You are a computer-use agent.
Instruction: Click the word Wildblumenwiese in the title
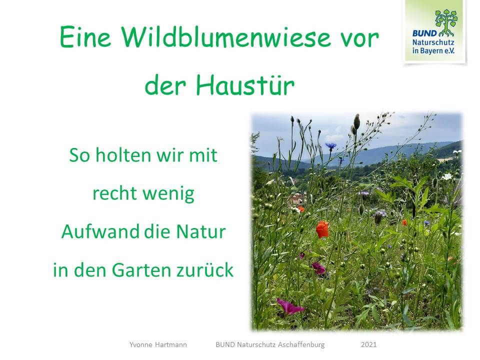(226, 36)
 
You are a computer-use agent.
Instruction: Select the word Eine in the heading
(85, 36)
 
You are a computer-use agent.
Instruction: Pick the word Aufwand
(100, 231)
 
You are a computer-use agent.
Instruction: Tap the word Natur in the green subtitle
(201, 231)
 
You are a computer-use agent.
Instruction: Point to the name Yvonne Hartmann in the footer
(158, 344)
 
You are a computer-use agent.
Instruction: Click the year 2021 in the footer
(368, 344)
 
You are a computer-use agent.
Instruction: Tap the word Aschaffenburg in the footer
(301, 344)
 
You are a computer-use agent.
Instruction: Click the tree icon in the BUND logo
(446, 22)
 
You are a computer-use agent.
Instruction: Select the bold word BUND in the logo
(425, 33)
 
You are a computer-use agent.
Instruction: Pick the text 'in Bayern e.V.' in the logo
(433, 50)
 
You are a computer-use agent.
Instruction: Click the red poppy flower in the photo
(322, 229)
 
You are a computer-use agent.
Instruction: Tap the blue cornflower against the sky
(330, 145)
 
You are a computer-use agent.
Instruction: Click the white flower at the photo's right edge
(447, 176)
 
